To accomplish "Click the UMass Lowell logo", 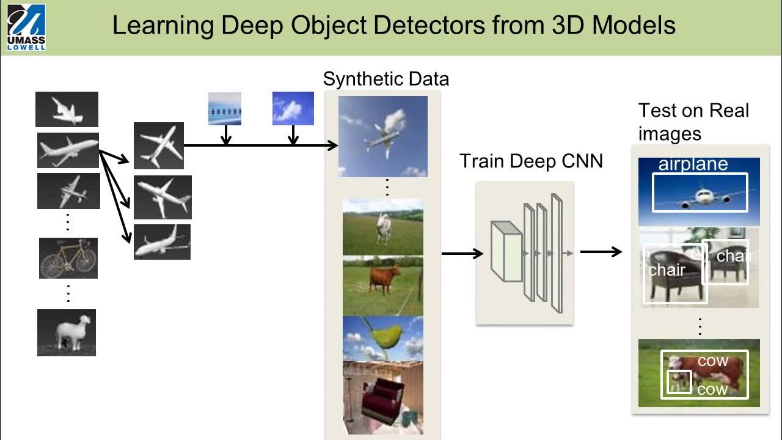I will pyautogui.click(x=26, y=27).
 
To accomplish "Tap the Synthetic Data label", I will pyautogui.click(x=386, y=79).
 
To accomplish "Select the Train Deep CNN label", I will pyautogui.click(x=531, y=161).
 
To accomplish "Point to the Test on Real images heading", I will pyautogui.click(x=693, y=122).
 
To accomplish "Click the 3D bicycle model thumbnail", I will pyautogui.click(x=68, y=258).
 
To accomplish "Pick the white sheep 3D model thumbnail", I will pyautogui.click(x=67, y=332).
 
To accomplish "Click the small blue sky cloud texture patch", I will pyautogui.click(x=293, y=108).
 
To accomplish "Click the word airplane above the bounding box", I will pyautogui.click(x=693, y=164).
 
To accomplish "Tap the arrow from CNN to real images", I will pyautogui.click(x=601, y=251).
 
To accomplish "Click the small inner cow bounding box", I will pyautogui.click(x=679, y=382).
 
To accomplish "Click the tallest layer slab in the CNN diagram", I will pyautogui.click(x=555, y=252).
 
